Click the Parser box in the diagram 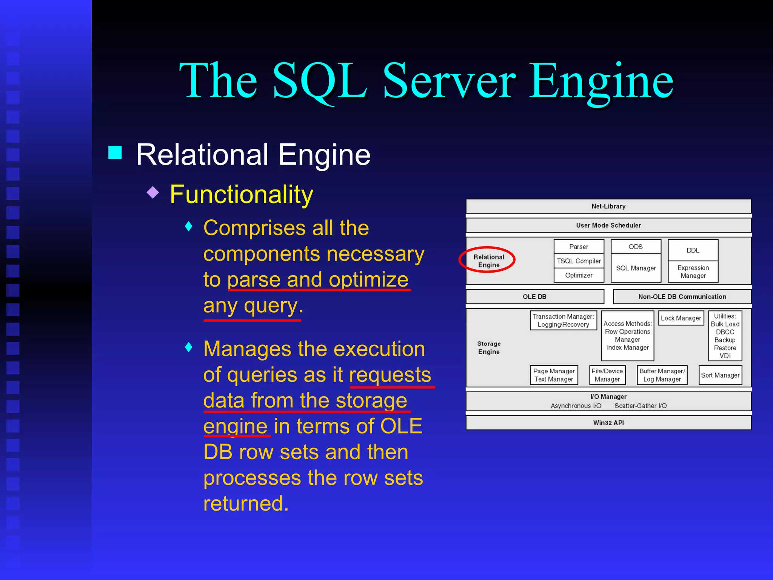579,247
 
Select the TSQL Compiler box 579,261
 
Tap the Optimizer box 579,275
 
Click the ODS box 636,247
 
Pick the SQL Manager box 636,268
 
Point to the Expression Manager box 693,271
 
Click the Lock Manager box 681,318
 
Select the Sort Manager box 720,375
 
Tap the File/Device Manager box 607,375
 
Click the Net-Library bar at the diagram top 608,206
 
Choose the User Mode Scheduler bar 608,225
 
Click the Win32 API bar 608,423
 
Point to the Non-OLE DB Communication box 682,296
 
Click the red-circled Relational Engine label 488,261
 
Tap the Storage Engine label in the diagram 489,348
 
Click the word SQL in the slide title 319,81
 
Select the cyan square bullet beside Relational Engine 115,153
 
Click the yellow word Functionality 242,194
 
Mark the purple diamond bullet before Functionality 153,192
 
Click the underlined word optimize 368,280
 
